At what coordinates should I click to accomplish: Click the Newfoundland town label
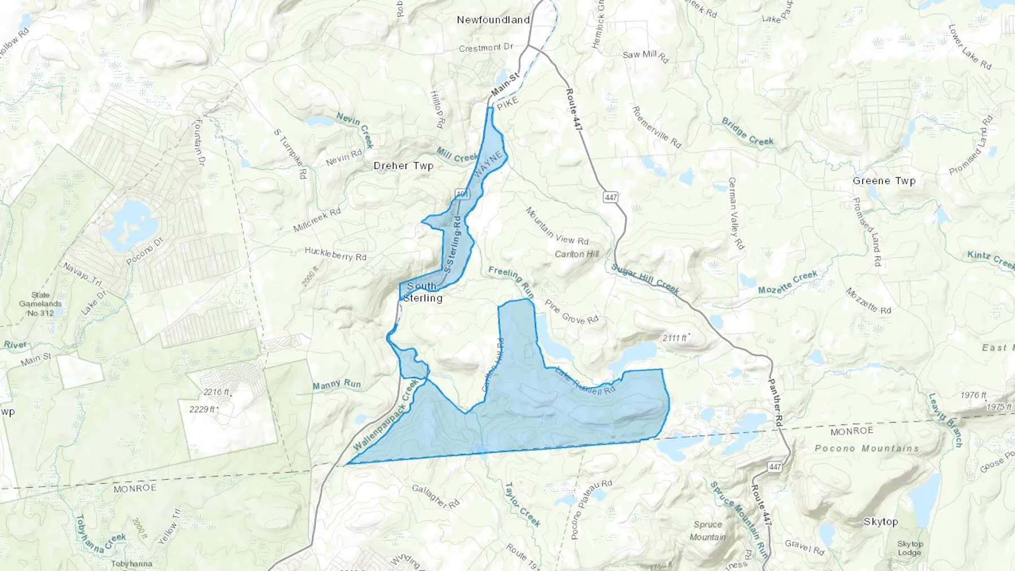pos(493,20)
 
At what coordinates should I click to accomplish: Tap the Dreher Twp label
pos(403,166)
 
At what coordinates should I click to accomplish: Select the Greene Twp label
pos(884,181)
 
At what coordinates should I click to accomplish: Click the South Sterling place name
pos(422,292)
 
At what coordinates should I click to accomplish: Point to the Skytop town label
pos(880,521)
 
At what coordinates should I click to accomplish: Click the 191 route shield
pos(462,194)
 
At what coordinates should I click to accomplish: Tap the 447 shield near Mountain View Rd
pos(611,197)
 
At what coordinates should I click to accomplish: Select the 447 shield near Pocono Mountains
pos(775,467)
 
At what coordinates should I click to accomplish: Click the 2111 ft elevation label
pos(674,338)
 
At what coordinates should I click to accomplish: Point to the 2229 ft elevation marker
pos(202,409)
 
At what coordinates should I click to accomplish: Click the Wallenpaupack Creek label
pos(386,414)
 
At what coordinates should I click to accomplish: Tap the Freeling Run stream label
pos(511,281)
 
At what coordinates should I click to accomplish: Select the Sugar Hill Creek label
pos(645,279)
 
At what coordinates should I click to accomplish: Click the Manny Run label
pos(337,384)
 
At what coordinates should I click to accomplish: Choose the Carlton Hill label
pos(576,254)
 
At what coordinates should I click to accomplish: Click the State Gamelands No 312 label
pos(41,304)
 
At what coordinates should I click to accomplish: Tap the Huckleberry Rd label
pos(336,254)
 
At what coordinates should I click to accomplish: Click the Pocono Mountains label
pos(866,448)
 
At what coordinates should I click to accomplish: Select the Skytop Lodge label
pos(910,548)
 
